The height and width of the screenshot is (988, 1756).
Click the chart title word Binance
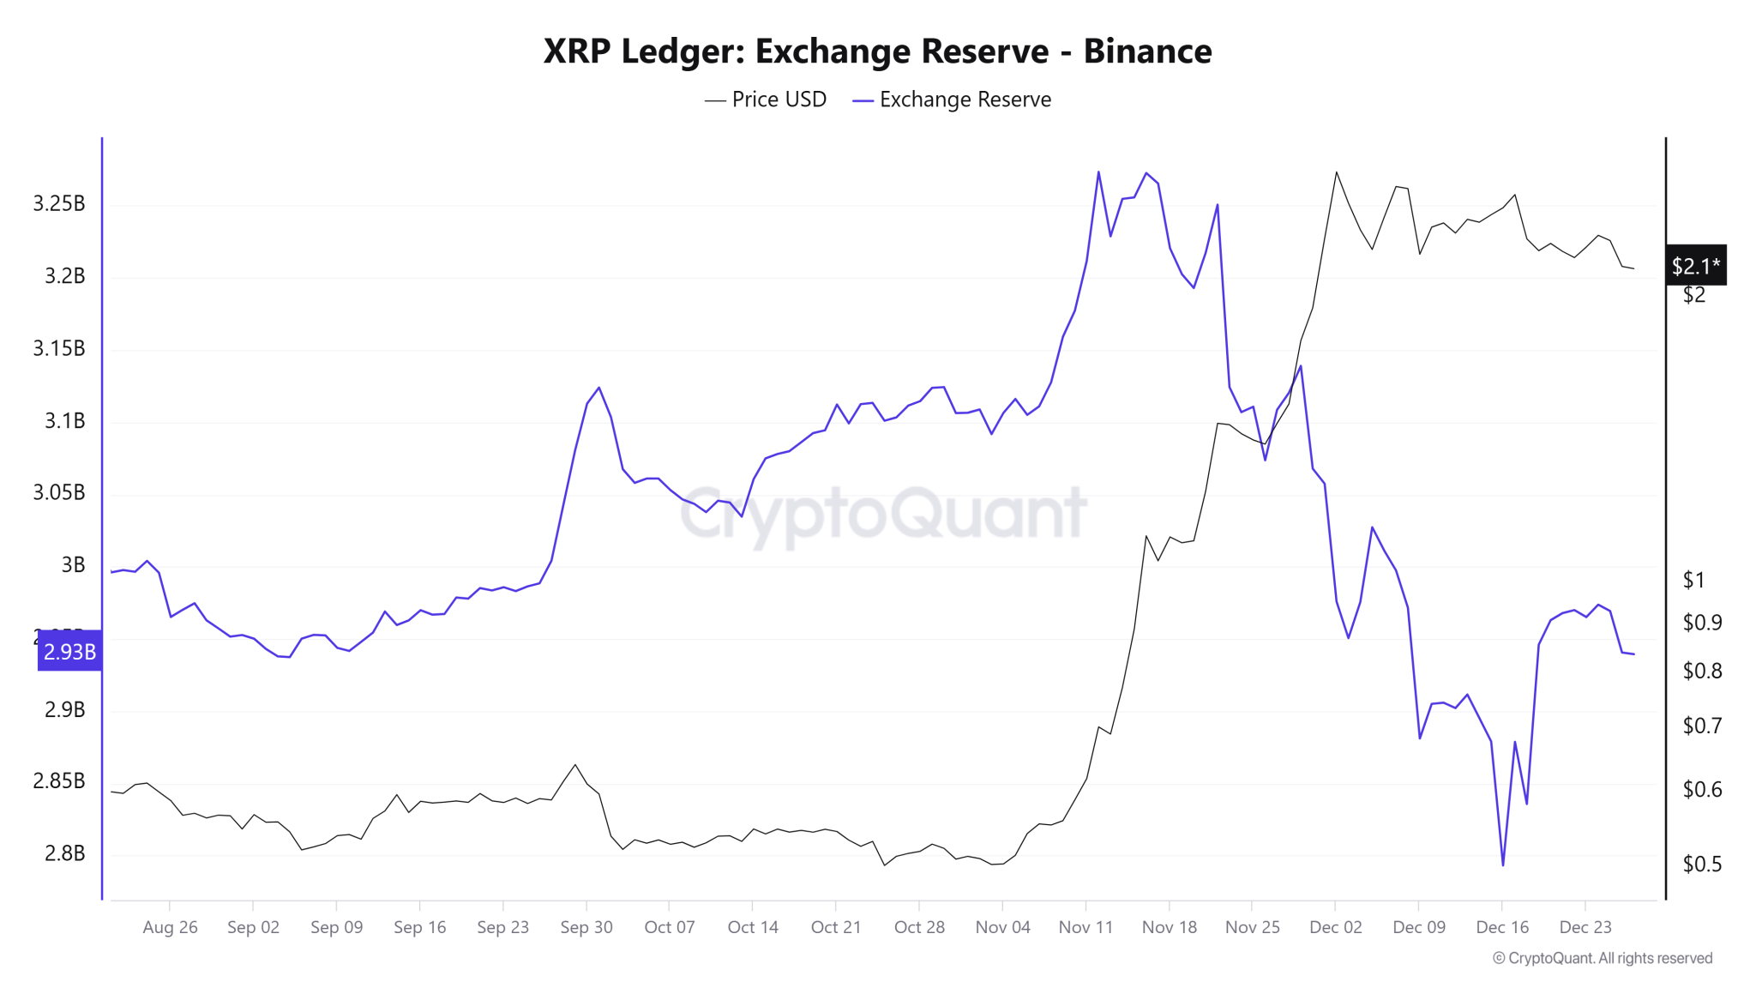tap(1147, 51)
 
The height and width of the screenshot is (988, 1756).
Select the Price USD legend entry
tap(766, 99)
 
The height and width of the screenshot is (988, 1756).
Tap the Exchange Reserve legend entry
tap(952, 99)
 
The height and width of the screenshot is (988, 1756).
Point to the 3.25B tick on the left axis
tap(59, 203)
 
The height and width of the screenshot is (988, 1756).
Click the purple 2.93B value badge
tap(69, 651)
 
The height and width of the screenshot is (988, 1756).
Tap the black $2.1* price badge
tap(1695, 266)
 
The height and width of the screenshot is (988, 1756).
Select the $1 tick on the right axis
tap(1693, 580)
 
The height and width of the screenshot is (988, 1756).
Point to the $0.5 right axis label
tap(1702, 864)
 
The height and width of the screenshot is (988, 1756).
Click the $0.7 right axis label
tap(1702, 726)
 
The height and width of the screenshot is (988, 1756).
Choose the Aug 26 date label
tap(170, 927)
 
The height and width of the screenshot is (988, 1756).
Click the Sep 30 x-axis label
tap(586, 927)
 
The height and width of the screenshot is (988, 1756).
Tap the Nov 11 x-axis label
tap(1085, 927)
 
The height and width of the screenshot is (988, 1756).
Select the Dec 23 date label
tap(1585, 927)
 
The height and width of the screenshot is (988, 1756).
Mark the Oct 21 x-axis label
tap(836, 927)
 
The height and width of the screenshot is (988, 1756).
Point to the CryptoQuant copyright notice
tap(1603, 958)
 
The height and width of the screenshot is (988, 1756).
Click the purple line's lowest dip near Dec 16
tap(1503, 864)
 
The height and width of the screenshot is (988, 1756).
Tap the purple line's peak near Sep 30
tap(598, 388)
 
